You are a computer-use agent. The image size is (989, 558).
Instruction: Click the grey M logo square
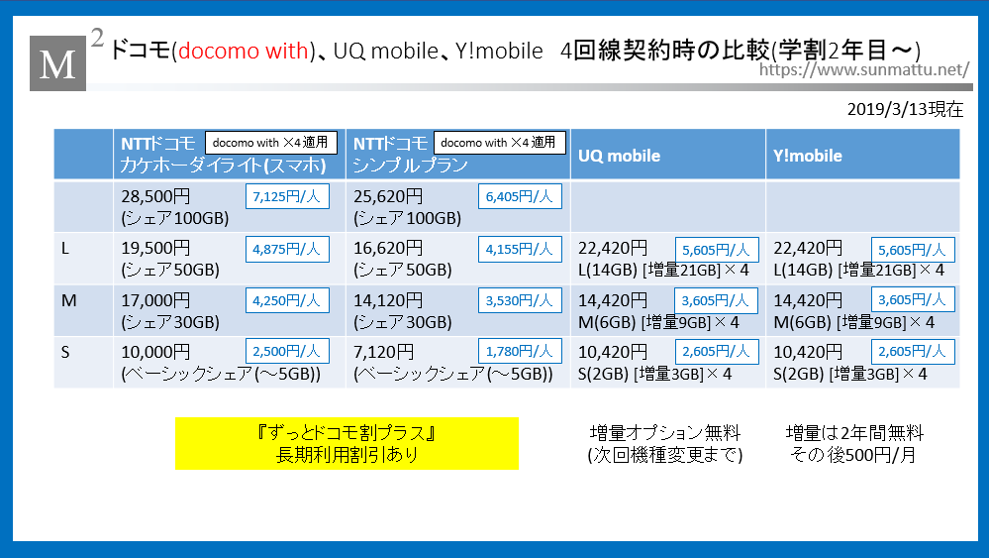pyautogui.click(x=58, y=63)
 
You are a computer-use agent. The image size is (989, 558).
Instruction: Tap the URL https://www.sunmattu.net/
pyautogui.click(x=863, y=69)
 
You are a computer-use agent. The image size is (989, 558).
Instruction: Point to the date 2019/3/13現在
pyautogui.click(x=905, y=109)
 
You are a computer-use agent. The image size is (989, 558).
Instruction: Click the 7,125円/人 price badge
pyautogui.click(x=287, y=196)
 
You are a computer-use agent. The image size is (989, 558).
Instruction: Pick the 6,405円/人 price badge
pyautogui.click(x=520, y=196)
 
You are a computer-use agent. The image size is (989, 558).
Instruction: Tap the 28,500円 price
pyautogui.click(x=155, y=196)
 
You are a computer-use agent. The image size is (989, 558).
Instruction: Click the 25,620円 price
pyautogui.click(x=388, y=196)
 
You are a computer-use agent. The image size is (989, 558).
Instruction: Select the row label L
pyautogui.click(x=65, y=249)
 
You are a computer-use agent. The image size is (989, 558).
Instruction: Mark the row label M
pyautogui.click(x=68, y=300)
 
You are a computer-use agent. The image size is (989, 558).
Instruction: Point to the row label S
pyautogui.click(x=65, y=352)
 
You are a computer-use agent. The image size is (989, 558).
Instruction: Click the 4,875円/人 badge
pyautogui.click(x=287, y=250)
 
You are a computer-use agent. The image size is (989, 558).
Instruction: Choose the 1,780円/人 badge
pyautogui.click(x=520, y=352)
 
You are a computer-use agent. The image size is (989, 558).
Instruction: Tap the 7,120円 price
pyautogui.click(x=383, y=352)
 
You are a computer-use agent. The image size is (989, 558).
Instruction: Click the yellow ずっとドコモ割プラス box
pyautogui.click(x=346, y=443)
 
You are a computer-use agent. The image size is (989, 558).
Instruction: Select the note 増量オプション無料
pyautogui.click(x=665, y=433)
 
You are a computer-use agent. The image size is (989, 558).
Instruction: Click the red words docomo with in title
pyautogui.click(x=244, y=51)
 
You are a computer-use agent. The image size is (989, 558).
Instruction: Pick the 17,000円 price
pyautogui.click(x=155, y=300)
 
